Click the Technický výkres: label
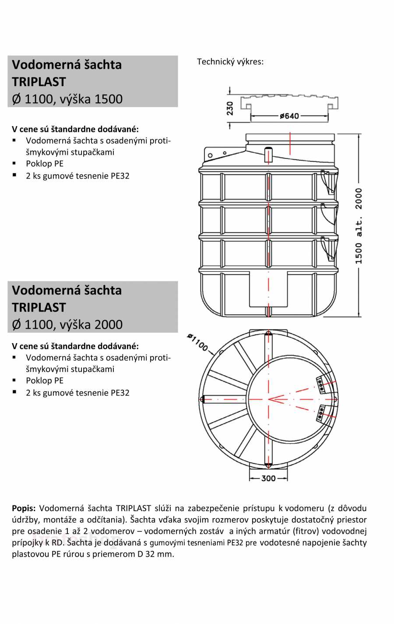click(230, 62)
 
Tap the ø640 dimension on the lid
click(289, 116)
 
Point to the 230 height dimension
click(230, 108)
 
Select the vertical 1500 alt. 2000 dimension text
click(359, 226)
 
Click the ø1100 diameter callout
click(197, 342)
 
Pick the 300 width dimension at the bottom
click(268, 478)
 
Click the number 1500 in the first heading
click(109, 99)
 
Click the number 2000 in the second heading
click(109, 325)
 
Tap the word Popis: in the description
click(24, 508)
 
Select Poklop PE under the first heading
click(45, 164)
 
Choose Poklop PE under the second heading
click(45, 381)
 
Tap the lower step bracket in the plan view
click(321, 413)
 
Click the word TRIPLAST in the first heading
click(39, 82)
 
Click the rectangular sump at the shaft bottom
click(268, 289)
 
